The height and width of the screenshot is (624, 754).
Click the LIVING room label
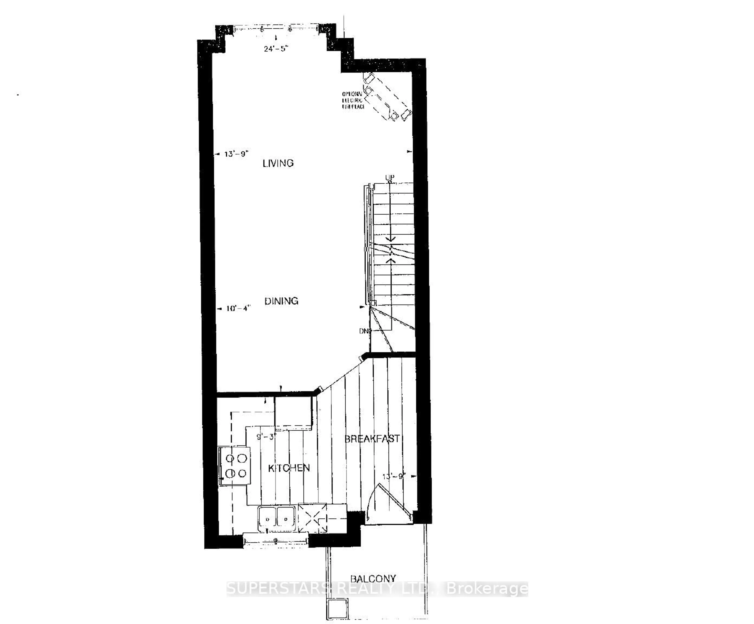pyautogui.click(x=278, y=163)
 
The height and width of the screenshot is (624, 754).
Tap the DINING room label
pyautogui.click(x=281, y=301)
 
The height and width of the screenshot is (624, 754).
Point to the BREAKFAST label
pyautogui.click(x=372, y=439)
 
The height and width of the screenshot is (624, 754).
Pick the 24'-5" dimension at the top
pyautogui.click(x=276, y=49)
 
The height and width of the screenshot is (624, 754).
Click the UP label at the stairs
pyautogui.click(x=390, y=177)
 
